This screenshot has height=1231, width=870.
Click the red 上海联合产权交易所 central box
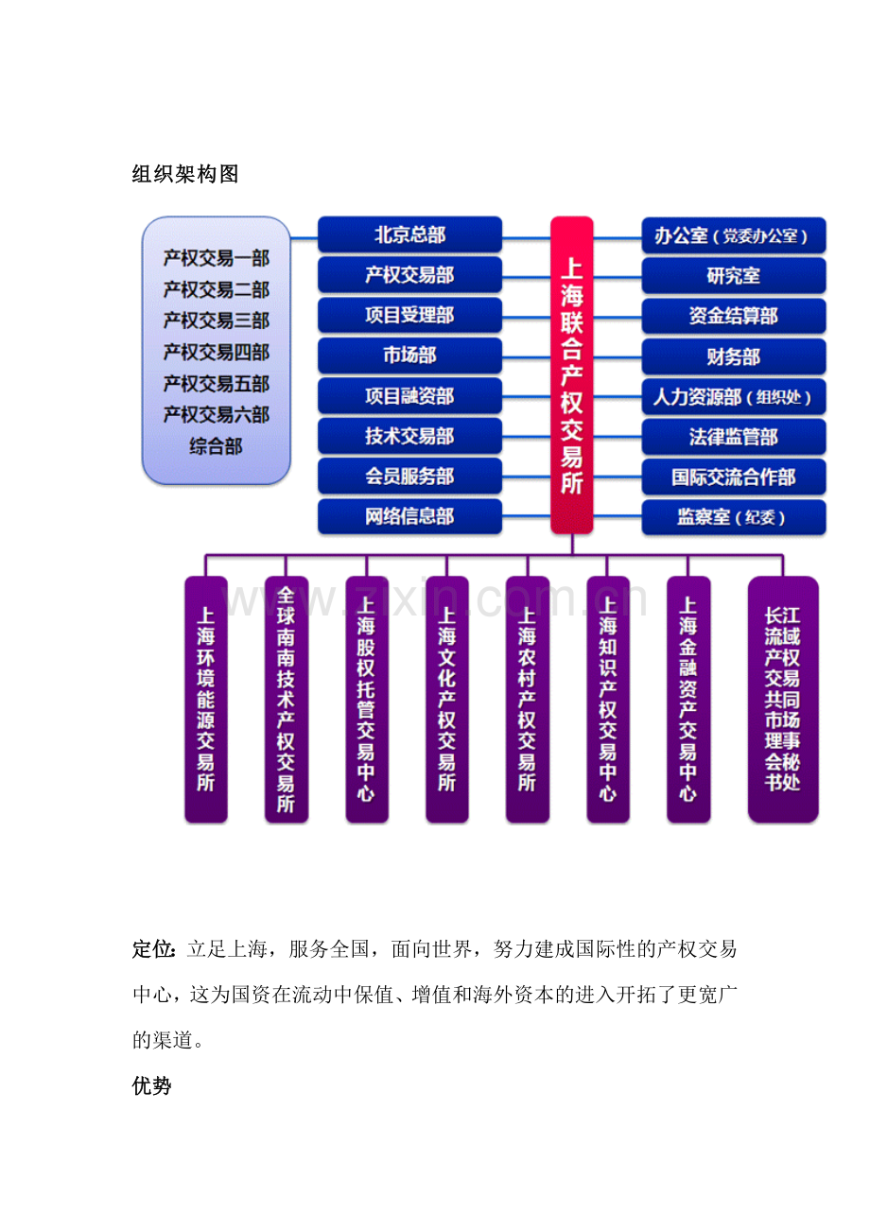pos(571,375)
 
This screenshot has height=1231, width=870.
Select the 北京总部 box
pos(409,234)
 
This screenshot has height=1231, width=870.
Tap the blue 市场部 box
pos(409,355)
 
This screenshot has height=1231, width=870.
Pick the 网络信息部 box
pos(409,516)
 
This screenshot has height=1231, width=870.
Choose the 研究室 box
pos(734,276)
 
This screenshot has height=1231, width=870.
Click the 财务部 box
pos(734,356)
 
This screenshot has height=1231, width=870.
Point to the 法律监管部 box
pos(734,437)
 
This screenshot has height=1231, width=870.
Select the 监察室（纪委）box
pos(734,517)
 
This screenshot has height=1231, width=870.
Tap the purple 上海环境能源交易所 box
pos(206,699)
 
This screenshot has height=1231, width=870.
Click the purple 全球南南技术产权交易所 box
pos(287,699)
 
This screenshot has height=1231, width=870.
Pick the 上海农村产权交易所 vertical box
pos(528,699)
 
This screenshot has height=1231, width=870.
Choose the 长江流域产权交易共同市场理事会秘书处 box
pos(783,699)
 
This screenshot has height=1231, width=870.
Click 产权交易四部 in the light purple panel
pos(216,353)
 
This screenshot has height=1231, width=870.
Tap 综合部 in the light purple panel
pos(216,446)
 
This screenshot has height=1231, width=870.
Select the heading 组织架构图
pos(185,174)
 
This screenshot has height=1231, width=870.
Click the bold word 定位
pos(153,949)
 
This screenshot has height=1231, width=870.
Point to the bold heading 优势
pos(151,1085)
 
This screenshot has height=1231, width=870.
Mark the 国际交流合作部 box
pos(734,477)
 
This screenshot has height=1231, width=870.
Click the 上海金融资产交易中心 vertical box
pos(688,699)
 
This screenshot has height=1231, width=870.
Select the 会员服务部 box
pos(409,476)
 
